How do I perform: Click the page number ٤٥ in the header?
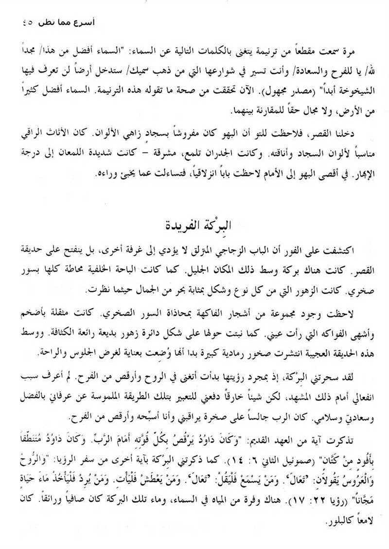click(x=23, y=22)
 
